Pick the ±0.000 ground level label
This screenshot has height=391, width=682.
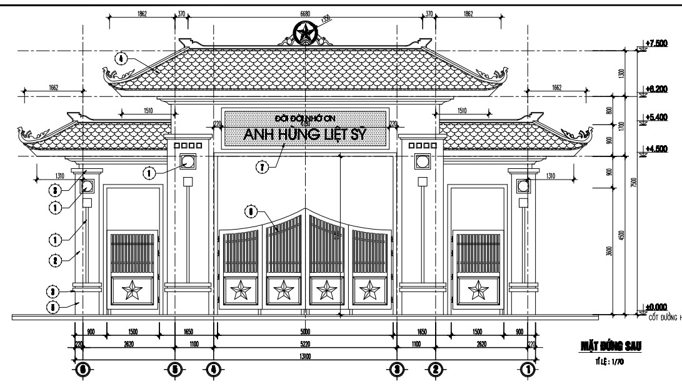coord(653,306)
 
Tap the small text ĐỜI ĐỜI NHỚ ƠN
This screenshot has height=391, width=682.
coord(305,118)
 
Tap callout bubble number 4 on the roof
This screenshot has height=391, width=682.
coord(121,58)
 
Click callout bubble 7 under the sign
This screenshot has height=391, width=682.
coord(262,166)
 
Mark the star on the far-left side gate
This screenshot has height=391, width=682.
coord(133,290)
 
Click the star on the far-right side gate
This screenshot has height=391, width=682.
coord(479,290)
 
